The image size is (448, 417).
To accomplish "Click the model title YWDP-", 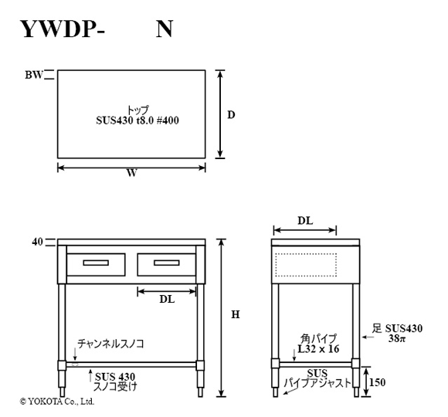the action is coord(63,29).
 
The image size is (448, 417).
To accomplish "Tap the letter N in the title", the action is coord(165,29).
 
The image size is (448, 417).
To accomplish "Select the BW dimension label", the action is coord(34,75).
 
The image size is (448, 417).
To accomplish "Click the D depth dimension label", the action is coord(231,115).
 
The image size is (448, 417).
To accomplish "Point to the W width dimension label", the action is coord(132,173).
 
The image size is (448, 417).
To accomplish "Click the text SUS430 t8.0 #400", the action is coord(137,120).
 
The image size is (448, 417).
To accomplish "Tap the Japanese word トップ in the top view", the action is coord(137,110).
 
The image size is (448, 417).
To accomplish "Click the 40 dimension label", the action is coord(37,242).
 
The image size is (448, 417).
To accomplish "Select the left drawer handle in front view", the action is coord(96,263).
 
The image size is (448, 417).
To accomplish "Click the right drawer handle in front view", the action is coord(167,263).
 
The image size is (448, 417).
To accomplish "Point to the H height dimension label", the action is coord(236,315).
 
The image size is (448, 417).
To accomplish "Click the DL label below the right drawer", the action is coord(167,300).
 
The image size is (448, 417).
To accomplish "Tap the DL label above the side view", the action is coord(305,221).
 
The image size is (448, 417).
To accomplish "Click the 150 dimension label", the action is coord(377,382).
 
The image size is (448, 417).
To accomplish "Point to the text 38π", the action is coord(397,339).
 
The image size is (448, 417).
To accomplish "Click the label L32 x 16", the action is coord(318,349).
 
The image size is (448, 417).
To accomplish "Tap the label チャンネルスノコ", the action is coord(110,344).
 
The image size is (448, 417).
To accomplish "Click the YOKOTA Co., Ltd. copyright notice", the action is coord(57,402).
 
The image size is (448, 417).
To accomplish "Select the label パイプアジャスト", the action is coord(317,383).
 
